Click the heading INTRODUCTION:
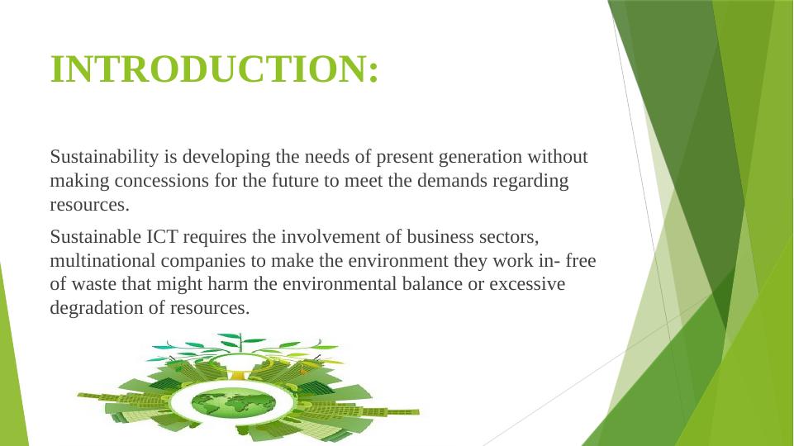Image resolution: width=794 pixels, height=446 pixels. (215, 69)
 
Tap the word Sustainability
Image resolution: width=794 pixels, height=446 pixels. (104, 158)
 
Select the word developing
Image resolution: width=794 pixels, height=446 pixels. (226, 158)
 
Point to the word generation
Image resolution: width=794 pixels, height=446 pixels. (480, 158)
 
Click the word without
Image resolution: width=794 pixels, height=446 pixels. (558, 156)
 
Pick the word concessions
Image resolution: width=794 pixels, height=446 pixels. (162, 181)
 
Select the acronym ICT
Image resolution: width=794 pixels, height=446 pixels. (162, 236)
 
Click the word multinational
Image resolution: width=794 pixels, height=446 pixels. (102, 261)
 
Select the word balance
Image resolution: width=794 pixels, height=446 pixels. (432, 284)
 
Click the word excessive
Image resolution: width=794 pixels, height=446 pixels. (527, 284)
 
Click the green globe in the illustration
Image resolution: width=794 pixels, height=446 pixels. (234, 404)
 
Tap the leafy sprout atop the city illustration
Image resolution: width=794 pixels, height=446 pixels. (241, 344)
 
